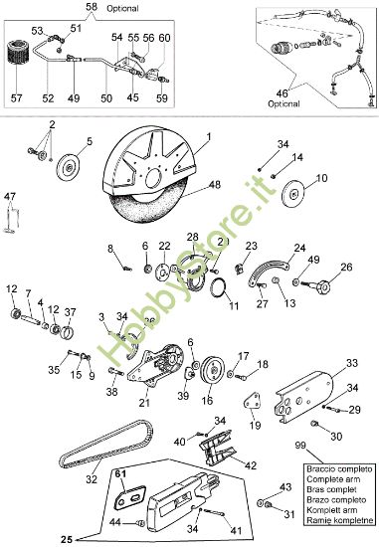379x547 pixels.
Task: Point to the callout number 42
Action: [251, 464]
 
